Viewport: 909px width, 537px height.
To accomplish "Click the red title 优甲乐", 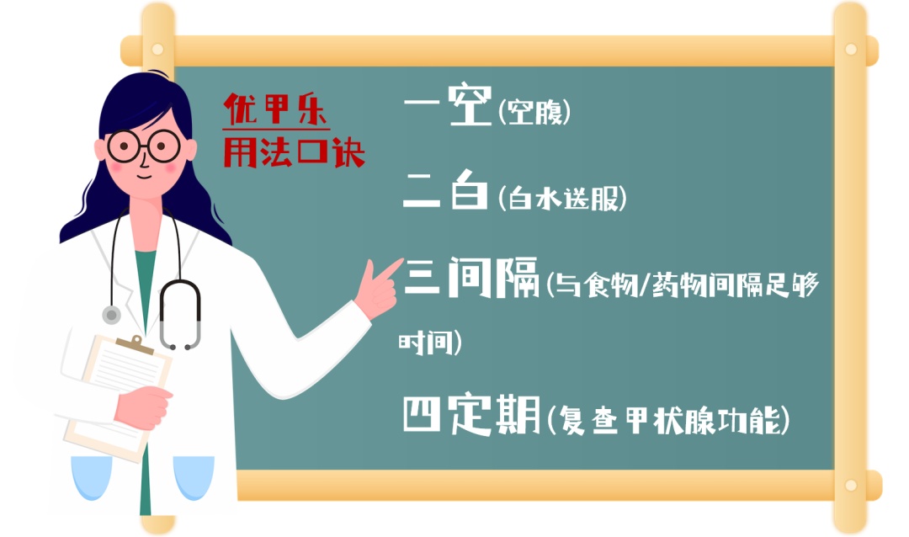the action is (x=276, y=109).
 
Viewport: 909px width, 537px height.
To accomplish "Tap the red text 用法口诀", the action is (x=294, y=152).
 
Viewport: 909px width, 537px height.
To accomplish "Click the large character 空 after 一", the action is (x=470, y=104).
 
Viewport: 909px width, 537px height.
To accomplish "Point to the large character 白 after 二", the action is (x=469, y=189).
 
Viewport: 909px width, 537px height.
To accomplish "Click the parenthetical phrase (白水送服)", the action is (x=562, y=199).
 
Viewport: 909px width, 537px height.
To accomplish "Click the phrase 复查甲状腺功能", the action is (x=667, y=420).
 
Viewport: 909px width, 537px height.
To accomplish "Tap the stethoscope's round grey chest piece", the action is (x=111, y=315).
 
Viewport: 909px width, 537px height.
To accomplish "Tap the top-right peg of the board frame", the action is (x=850, y=50).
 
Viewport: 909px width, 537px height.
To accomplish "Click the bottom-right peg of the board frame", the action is (x=850, y=485).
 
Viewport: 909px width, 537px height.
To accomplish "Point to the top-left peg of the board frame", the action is (x=157, y=50).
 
